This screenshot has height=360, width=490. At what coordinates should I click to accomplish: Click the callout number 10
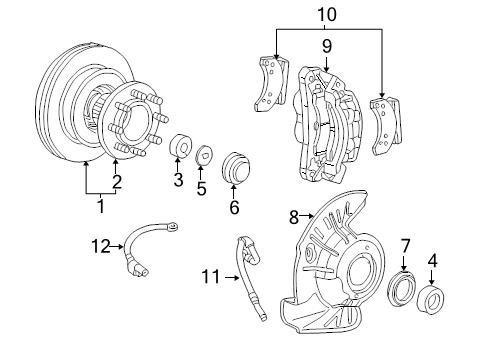(327, 15)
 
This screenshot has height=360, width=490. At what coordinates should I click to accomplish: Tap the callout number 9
(327, 46)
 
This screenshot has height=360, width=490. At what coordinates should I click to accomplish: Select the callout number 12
(101, 246)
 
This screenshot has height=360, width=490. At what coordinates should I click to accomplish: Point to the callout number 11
(211, 277)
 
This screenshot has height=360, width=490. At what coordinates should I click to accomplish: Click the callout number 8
(294, 217)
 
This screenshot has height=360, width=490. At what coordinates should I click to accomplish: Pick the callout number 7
(405, 247)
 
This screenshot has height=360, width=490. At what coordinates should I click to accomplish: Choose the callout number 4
(432, 261)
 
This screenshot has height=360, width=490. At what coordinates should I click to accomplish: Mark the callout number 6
(234, 207)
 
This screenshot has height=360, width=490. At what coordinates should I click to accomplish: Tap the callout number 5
(201, 188)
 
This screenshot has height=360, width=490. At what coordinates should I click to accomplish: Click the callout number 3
(178, 180)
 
